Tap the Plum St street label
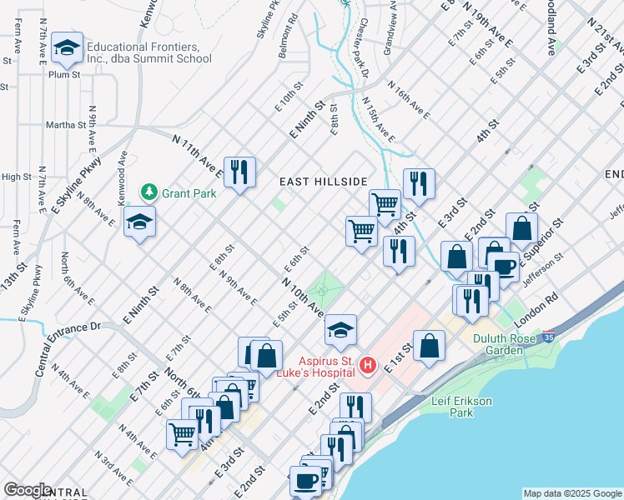point(64,74)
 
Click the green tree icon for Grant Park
point(149,192)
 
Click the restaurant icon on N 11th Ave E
point(239,172)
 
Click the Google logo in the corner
point(28,490)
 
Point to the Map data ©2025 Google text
point(571,493)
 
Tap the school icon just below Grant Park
point(139,222)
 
